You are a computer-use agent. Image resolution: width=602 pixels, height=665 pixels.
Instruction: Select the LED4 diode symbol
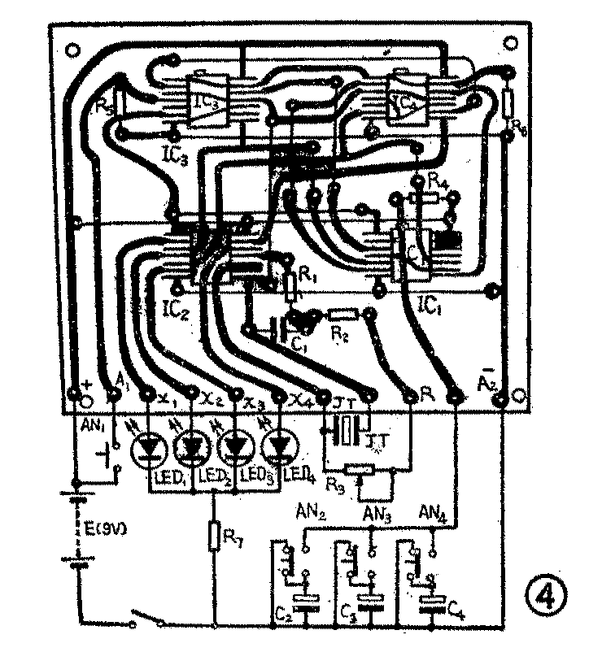pyautogui.click(x=281, y=446)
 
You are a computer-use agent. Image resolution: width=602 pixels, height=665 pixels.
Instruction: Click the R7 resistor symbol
pyautogui.click(x=214, y=537)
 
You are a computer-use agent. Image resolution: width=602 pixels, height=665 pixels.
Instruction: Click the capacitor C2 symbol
pyautogui.click(x=307, y=602)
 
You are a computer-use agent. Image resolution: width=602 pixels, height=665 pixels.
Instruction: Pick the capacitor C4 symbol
pyautogui.click(x=431, y=602)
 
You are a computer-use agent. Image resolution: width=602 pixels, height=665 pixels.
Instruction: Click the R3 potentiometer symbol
pyautogui.click(x=358, y=468)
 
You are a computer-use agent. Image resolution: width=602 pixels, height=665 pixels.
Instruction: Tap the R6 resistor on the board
pyautogui.click(x=508, y=103)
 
